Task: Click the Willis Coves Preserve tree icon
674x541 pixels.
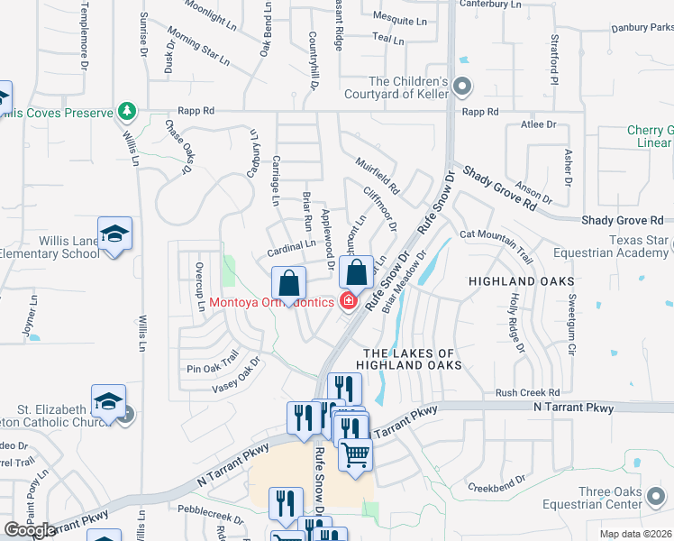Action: pos(128,112)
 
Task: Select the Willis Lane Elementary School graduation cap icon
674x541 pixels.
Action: pos(114,235)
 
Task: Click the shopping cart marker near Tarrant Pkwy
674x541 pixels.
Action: pos(355,455)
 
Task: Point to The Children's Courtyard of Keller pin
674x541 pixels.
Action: pos(462,87)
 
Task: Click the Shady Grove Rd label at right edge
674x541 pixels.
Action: pos(622,220)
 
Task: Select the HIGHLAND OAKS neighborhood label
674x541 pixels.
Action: pos(521,282)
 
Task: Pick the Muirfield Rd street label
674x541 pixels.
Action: pos(377,177)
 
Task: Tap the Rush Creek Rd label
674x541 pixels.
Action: pos(527,393)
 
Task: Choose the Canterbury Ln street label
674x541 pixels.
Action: pos(490,5)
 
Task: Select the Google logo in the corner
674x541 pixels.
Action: pos(30,530)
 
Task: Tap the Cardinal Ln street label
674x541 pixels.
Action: pos(290,245)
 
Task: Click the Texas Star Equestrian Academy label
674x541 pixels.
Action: pos(639,246)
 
